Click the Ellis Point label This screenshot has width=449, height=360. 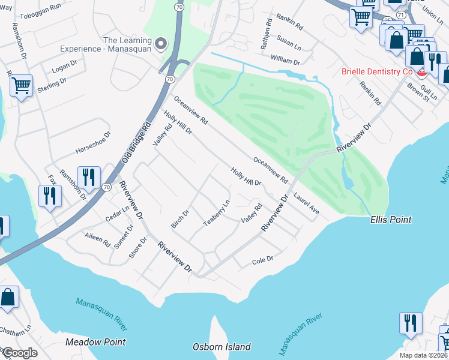(x=390, y=220)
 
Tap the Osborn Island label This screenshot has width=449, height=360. (x=221, y=347)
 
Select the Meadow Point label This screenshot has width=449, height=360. (x=96, y=341)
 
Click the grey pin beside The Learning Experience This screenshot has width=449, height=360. (x=160, y=44)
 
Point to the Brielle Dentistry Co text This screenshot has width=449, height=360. (x=376, y=71)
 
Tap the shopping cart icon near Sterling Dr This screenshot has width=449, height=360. (x=21, y=86)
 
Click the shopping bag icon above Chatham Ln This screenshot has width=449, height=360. (x=8, y=298)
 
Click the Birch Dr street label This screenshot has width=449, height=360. (x=180, y=218)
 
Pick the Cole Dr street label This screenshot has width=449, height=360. (x=262, y=260)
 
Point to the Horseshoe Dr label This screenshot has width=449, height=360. (x=93, y=142)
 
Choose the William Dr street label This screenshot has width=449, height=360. (x=285, y=61)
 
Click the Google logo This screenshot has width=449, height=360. (x=20, y=353)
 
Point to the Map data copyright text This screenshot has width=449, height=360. (x=423, y=355)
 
